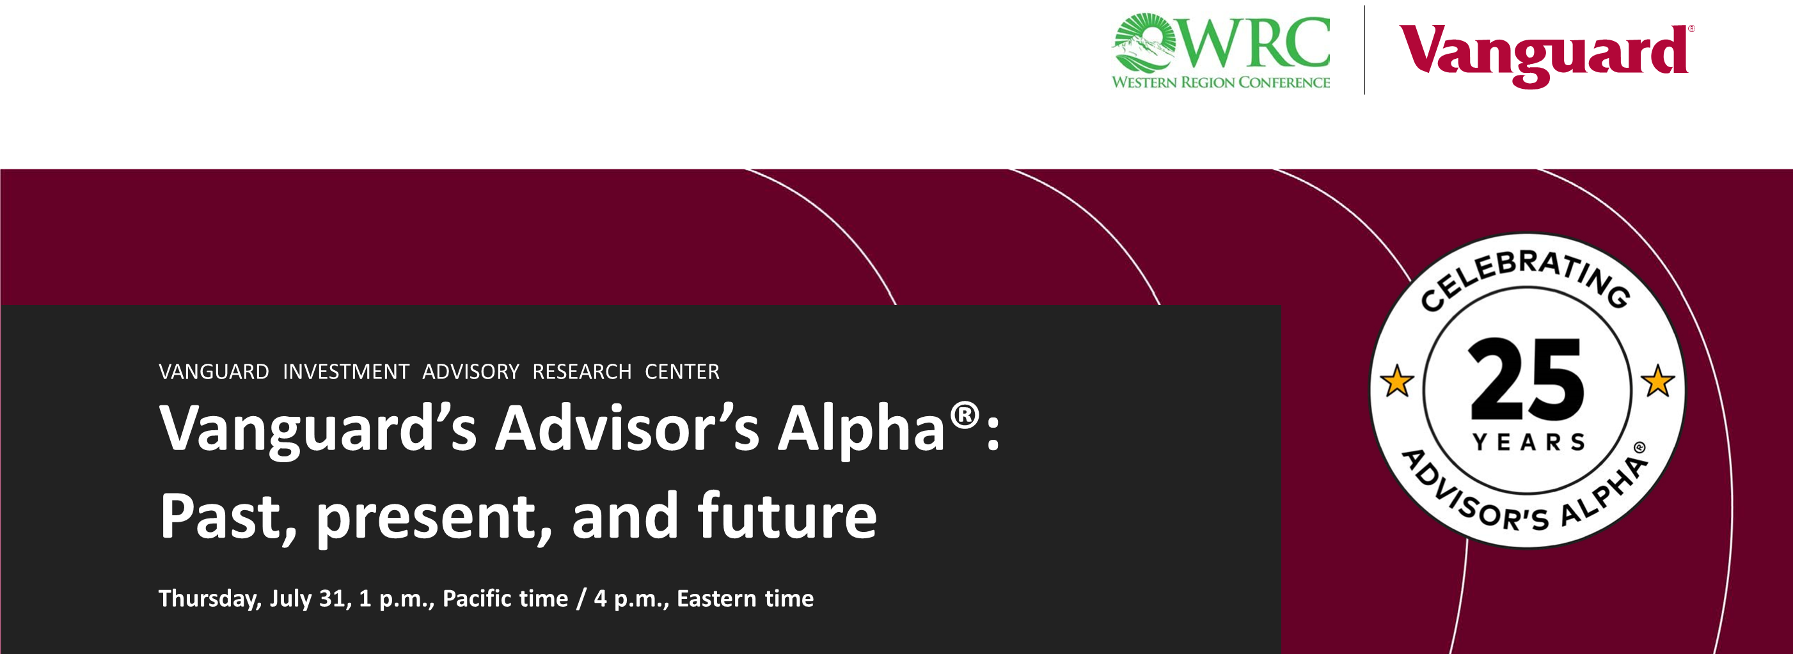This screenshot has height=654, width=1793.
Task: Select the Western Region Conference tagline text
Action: click(1221, 82)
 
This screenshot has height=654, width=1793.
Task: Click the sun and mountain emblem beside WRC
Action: click(1144, 42)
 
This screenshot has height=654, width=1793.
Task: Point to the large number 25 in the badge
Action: click(1527, 379)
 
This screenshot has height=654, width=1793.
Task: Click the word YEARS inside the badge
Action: click(1529, 442)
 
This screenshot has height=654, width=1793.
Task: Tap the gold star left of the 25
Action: click(1397, 381)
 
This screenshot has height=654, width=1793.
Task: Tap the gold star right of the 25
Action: click(1658, 380)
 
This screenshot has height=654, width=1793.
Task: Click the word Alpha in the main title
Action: click(861, 428)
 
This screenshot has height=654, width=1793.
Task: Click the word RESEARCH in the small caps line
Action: click(582, 371)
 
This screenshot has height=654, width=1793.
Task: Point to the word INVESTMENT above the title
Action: click(346, 371)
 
